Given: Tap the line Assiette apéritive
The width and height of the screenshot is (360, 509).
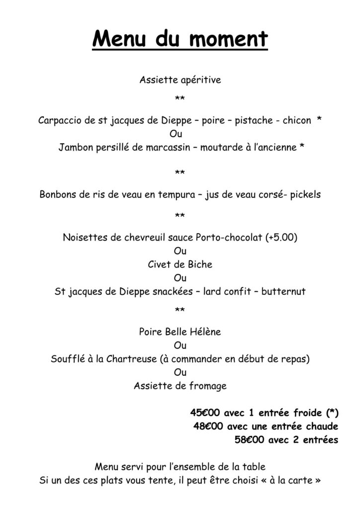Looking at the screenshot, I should tap(180, 79).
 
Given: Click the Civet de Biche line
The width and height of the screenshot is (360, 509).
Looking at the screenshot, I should tap(180, 264).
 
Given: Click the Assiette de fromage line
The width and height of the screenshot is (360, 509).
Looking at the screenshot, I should tap(180, 386).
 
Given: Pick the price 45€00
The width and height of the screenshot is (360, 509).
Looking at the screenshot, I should tap(205, 413).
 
